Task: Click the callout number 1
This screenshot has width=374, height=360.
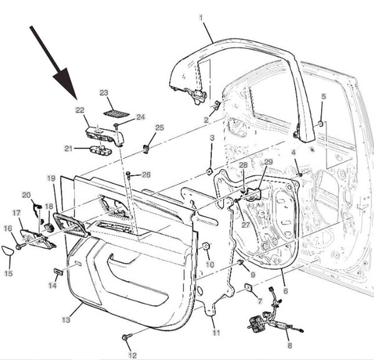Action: (201, 17)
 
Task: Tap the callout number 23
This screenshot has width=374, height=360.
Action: (104, 93)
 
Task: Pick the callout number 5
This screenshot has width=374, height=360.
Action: (323, 97)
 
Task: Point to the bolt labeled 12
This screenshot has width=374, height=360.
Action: (127, 337)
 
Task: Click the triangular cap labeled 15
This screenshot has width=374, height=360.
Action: (7, 253)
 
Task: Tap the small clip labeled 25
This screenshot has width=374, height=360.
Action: (146, 148)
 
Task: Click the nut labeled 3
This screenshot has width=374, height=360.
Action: (211, 171)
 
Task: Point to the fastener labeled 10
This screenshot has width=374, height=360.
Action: (205, 248)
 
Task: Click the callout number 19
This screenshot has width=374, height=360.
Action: (52, 179)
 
